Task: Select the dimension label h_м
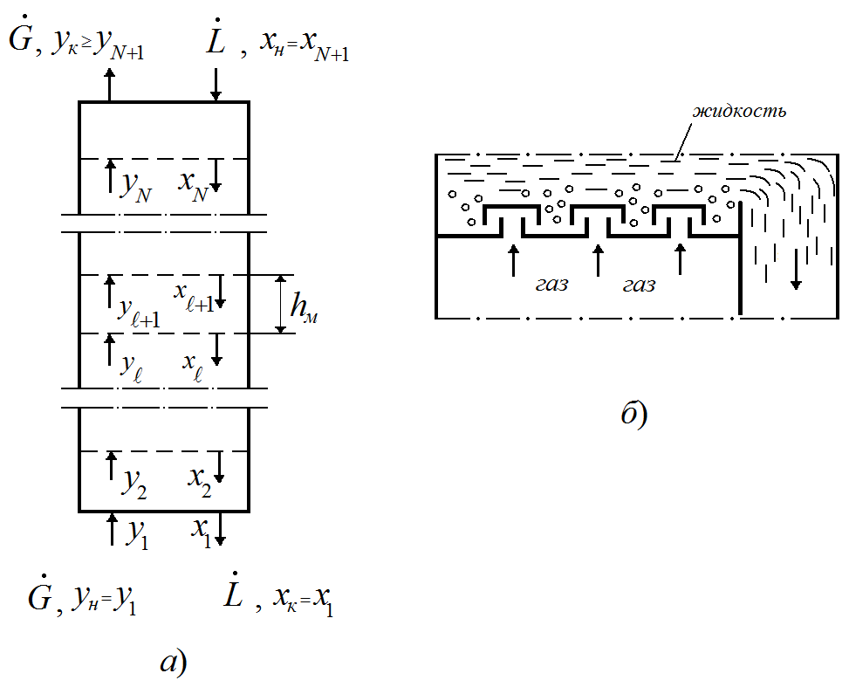point(304,308)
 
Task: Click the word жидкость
point(740,111)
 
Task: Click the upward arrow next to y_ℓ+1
point(110,291)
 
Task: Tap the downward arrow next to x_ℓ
point(219,349)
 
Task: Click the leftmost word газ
point(551,285)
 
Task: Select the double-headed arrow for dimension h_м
point(280,304)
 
